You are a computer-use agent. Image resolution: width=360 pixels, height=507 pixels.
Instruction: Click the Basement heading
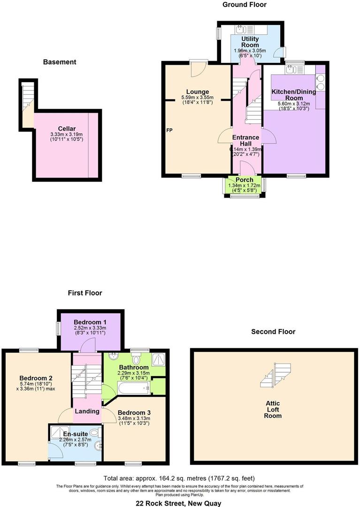click(x=60, y=62)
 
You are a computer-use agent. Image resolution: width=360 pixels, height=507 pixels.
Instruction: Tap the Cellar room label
click(x=67, y=129)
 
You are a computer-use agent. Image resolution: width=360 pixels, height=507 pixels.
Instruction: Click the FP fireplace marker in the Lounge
click(x=169, y=130)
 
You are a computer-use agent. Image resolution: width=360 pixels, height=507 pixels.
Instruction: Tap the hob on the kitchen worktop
click(x=320, y=83)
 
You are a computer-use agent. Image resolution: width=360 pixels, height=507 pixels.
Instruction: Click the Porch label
click(x=244, y=180)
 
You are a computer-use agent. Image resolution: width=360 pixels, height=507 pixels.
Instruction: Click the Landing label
click(x=87, y=411)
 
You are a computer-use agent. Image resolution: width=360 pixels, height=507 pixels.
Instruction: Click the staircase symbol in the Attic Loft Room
click(x=276, y=375)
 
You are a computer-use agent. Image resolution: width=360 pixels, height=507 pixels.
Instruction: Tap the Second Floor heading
click(x=273, y=331)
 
